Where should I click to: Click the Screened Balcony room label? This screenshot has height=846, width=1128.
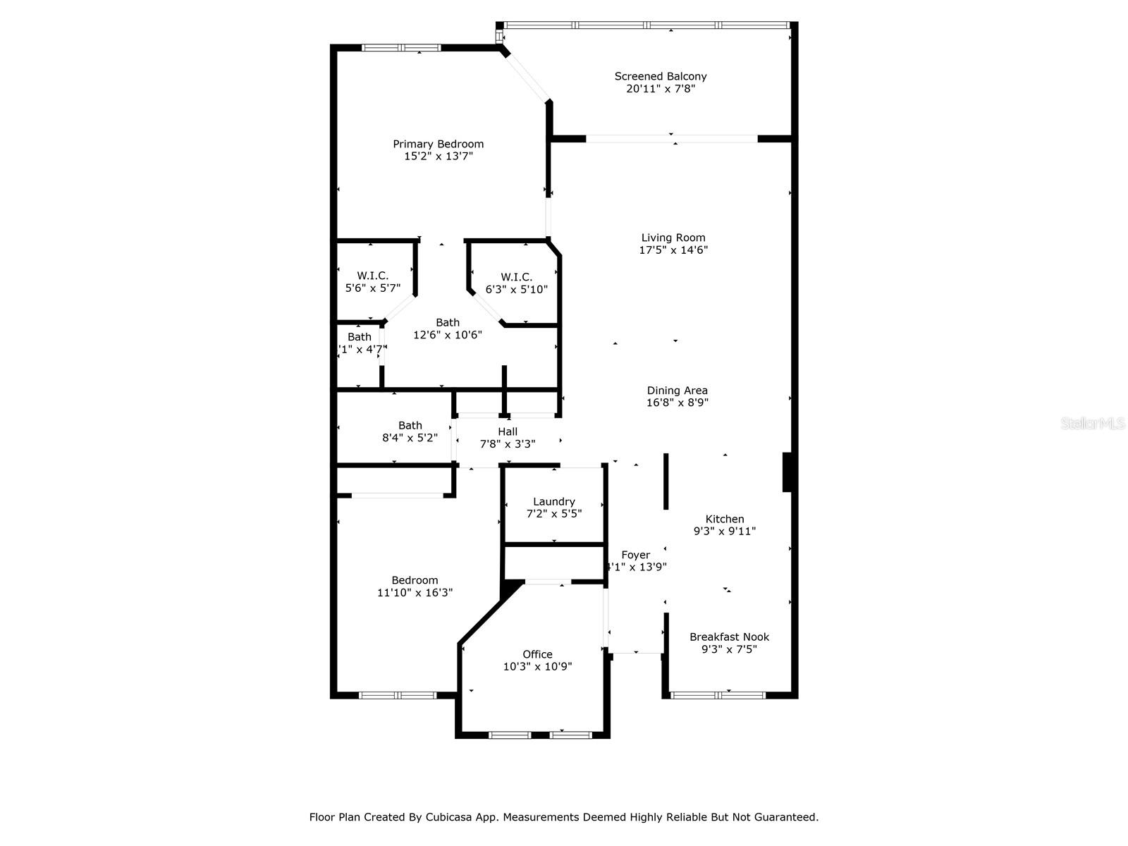tap(660, 76)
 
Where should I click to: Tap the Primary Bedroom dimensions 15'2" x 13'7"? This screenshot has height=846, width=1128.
tap(438, 157)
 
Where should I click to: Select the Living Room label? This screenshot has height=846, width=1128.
tap(673, 238)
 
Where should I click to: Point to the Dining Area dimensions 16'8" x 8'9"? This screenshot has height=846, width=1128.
tap(677, 403)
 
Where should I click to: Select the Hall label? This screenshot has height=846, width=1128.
tap(508, 431)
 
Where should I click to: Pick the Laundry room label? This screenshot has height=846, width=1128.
tap(553, 501)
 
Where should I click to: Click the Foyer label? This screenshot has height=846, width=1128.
tap(635, 555)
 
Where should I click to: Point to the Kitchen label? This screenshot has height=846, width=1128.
tap(724, 519)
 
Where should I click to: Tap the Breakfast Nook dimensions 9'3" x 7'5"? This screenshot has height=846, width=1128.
tap(729, 649)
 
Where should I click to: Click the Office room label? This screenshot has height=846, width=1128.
tap(537, 654)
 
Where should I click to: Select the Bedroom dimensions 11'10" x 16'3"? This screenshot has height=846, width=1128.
tap(415, 593)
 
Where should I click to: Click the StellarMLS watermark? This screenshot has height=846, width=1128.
tap(1092, 424)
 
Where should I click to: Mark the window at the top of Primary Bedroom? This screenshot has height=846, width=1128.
tap(400, 48)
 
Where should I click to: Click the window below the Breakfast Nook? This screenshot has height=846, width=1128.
tap(718, 695)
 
